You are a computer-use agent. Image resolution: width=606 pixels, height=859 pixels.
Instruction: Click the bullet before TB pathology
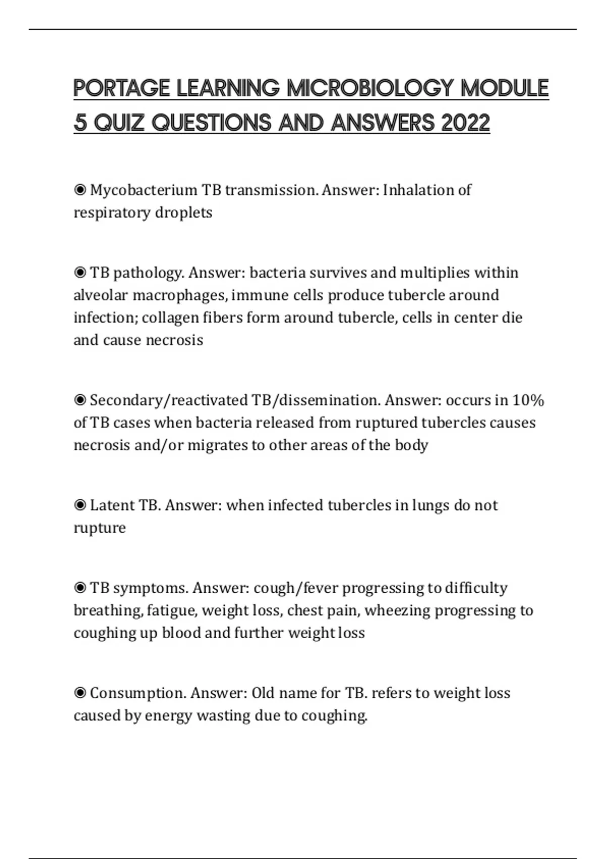click(x=80, y=273)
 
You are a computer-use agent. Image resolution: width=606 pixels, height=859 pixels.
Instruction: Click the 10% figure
click(x=528, y=400)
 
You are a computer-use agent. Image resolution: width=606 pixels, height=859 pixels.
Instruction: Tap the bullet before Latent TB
click(x=80, y=505)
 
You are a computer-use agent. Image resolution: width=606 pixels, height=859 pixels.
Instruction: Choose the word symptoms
click(x=150, y=589)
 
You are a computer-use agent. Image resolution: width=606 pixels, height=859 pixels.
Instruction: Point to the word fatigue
click(x=171, y=611)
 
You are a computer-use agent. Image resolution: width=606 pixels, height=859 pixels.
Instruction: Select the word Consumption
click(x=138, y=693)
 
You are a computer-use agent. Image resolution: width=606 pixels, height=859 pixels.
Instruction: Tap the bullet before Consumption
click(x=80, y=693)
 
